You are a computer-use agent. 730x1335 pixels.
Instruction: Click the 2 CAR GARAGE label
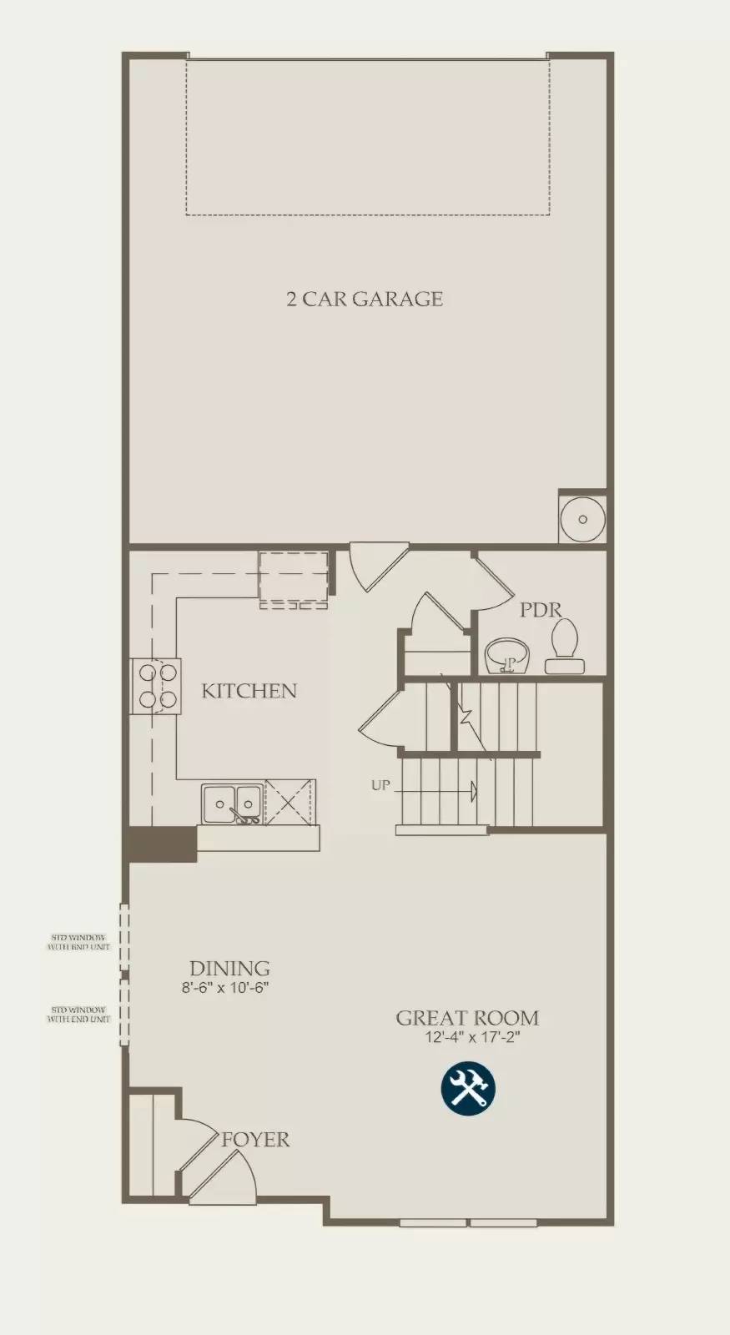[x=365, y=299]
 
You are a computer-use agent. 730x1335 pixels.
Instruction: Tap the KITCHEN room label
[x=249, y=691]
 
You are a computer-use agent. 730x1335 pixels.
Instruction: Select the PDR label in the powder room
[x=541, y=610]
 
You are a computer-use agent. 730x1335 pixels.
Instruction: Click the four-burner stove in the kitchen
[x=156, y=686]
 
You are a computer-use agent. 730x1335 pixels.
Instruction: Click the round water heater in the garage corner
[x=582, y=519]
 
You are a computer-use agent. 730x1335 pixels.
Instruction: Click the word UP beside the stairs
[x=380, y=785]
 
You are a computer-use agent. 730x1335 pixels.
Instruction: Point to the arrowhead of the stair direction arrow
[x=474, y=790]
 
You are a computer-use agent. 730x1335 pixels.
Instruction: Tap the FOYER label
[x=255, y=1140]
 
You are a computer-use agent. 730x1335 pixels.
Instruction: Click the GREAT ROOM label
[x=466, y=1018]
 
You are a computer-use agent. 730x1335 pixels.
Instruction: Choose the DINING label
[x=229, y=969]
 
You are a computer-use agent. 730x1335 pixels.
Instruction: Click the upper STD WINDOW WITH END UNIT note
[x=80, y=943]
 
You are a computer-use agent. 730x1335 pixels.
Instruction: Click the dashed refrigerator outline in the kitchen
[x=293, y=579]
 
